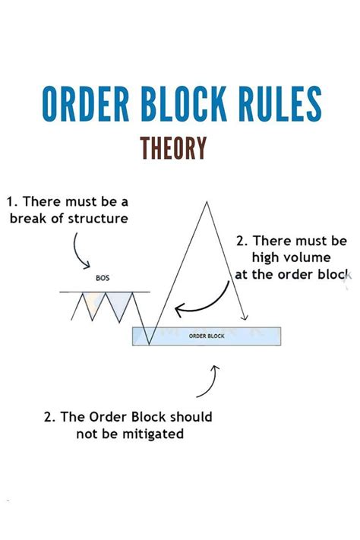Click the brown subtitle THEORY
pos(173,147)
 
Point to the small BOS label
pos(103,278)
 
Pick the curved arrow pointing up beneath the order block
pos(210,380)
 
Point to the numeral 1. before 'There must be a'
pos(12,202)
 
